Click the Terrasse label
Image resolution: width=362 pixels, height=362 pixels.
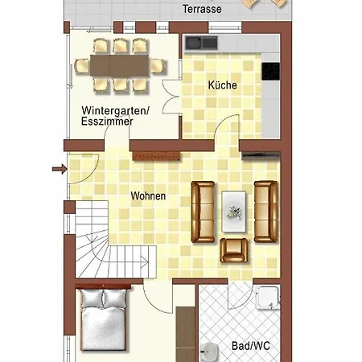click(x=202, y=9)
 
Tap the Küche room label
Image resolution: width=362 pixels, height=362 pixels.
click(x=223, y=85)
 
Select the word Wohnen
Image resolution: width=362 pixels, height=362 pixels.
click(x=148, y=195)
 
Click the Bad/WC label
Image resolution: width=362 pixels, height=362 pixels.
click(x=251, y=346)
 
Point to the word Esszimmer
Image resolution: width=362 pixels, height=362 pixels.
click(x=107, y=121)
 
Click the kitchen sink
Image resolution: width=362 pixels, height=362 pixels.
click(x=202, y=43)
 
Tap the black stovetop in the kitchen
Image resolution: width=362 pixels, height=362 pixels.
click(x=270, y=72)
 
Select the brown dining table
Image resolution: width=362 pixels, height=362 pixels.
click(x=120, y=66)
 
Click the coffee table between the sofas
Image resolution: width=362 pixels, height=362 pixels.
click(x=233, y=212)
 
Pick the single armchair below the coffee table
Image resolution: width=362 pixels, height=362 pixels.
click(x=233, y=250)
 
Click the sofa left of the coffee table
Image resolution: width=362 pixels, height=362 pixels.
click(x=203, y=212)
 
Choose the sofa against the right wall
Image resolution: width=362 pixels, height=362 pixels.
click(x=265, y=212)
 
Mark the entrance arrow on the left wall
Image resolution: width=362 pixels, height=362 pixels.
click(x=60, y=169)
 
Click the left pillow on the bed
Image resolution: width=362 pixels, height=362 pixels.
click(x=93, y=298)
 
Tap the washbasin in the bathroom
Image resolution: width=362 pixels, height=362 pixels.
click(x=208, y=352)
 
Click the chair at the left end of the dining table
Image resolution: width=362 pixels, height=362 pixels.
click(x=82, y=66)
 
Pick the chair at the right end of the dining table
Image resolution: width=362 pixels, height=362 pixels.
click(x=158, y=66)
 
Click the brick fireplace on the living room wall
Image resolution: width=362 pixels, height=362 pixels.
click(x=156, y=156)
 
